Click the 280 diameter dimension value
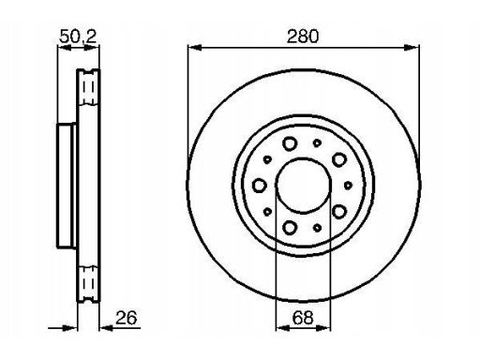click(303, 37)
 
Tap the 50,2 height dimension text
click(78, 37)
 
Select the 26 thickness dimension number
click(127, 318)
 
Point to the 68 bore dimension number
click(303, 318)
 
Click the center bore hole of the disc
click(304, 186)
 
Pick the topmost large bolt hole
click(290, 143)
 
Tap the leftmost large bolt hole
click(259, 186)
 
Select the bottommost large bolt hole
click(290, 227)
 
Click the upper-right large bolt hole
click(339, 159)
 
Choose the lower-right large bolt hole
click(339, 212)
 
